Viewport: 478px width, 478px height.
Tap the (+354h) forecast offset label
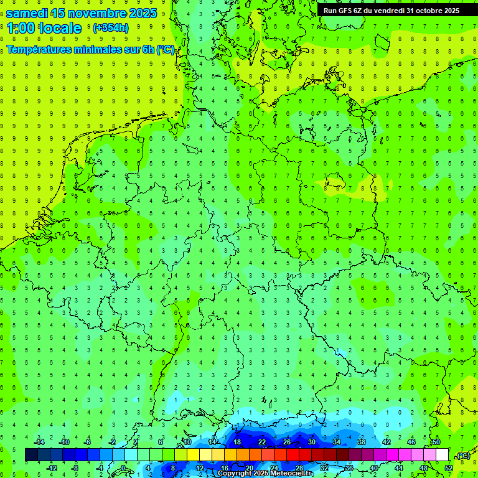[111, 28]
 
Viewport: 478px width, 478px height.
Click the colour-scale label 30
[311, 442]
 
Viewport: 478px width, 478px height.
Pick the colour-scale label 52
[448, 468]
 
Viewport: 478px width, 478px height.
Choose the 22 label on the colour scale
[262, 442]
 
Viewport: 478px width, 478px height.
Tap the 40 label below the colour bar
[373, 468]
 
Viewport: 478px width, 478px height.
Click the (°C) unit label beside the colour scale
[463, 456]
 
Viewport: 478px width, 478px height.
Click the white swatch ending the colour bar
[442, 455]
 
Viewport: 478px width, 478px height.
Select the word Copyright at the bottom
[235, 474]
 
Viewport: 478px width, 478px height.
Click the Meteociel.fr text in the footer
[293, 474]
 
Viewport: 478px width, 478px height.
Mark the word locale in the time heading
[60, 28]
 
